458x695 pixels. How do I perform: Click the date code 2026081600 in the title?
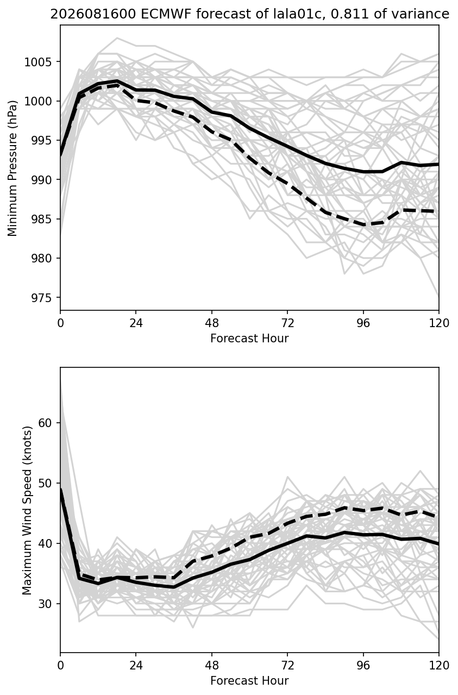click(x=93, y=14)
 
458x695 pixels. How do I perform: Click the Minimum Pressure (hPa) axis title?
click(x=12, y=168)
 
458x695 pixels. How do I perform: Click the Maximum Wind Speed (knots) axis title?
click(x=27, y=510)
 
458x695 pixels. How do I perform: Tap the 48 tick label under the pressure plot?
click(x=212, y=323)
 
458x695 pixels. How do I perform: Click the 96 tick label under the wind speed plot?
click(x=363, y=665)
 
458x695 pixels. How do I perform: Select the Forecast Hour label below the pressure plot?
click(x=249, y=338)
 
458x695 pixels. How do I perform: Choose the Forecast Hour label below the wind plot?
click(x=249, y=680)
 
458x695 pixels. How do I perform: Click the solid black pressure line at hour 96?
click(x=363, y=172)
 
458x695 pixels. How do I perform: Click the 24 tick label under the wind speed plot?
click(x=136, y=665)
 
